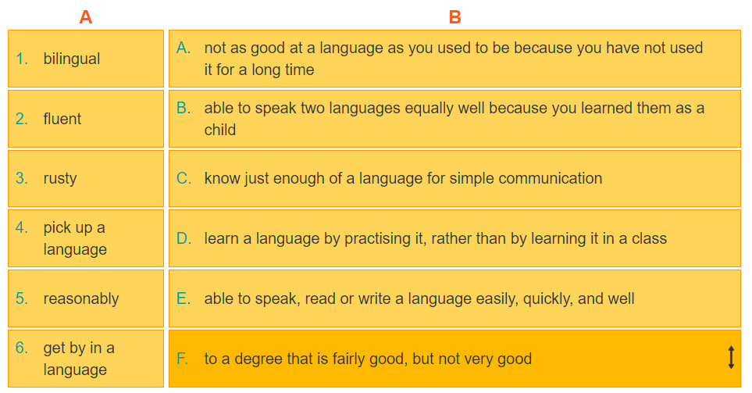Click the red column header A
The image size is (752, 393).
(x=85, y=17)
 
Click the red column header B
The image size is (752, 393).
(x=454, y=17)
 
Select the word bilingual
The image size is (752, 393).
(x=72, y=59)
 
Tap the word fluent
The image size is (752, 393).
(x=62, y=119)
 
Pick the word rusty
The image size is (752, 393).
(x=60, y=178)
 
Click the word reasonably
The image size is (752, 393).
(x=81, y=299)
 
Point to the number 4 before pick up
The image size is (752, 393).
(x=22, y=227)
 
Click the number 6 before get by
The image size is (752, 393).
(x=22, y=348)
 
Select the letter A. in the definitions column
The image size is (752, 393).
(x=184, y=48)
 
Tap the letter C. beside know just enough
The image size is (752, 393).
(x=184, y=178)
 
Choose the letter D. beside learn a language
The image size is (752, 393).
(x=184, y=238)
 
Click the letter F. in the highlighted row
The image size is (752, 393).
(x=182, y=359)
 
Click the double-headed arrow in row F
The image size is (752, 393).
(x=731, y=358)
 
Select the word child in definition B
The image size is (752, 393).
(x=220, y=130)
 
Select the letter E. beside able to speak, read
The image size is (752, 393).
(x=184, y=298)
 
